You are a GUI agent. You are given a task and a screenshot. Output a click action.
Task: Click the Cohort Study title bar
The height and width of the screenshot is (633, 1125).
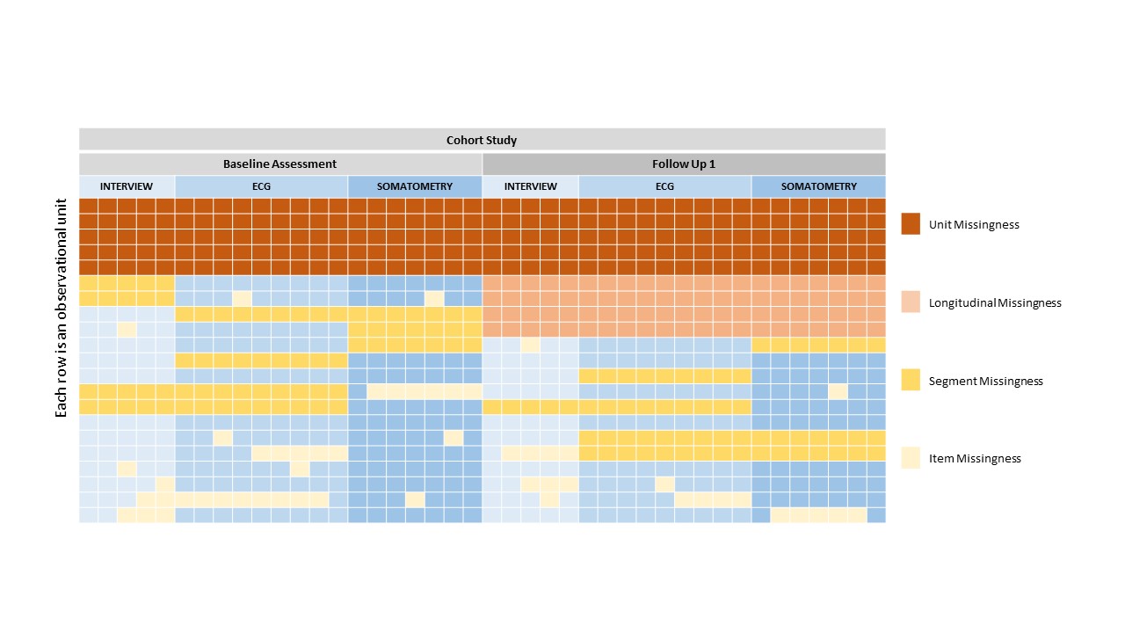tap(482, 140)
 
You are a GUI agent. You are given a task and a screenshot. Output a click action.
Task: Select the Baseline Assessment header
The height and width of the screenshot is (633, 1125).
tap(279, 164)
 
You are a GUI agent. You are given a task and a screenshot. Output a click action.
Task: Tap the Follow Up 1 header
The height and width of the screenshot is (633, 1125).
tap(683, 164)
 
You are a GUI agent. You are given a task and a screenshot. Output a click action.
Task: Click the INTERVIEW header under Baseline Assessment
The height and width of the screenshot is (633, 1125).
tap(126, 186)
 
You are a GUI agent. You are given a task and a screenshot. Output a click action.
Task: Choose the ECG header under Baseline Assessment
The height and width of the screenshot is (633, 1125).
tap(261, 186)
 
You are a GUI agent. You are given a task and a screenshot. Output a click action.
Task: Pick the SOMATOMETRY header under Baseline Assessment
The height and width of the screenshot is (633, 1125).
tap(415, 186)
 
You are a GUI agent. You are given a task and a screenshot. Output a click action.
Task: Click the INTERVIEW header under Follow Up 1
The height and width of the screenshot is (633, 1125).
tap(530, 186)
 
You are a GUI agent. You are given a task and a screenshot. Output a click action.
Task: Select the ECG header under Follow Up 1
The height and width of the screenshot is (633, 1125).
tap(664, 186)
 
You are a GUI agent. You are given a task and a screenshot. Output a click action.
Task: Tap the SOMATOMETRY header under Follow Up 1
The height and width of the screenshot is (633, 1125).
tap(818, 186)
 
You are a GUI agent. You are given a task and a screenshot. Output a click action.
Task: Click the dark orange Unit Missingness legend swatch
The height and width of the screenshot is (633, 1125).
tap(911, 224)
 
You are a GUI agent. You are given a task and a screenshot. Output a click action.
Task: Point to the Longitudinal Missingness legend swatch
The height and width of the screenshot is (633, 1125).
tap(911, 302)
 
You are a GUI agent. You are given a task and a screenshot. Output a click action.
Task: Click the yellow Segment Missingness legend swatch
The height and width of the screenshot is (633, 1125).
tap(911, 381)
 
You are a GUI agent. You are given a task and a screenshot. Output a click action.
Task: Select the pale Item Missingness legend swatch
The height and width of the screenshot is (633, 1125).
tap(911, 458)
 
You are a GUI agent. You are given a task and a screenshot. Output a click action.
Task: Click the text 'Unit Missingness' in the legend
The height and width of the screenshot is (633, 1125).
tap(974, 225)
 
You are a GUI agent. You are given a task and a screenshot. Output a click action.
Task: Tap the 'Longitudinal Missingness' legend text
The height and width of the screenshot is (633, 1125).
tap(995, 303)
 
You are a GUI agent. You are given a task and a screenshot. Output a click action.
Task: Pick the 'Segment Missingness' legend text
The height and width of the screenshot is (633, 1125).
tap(985, 382)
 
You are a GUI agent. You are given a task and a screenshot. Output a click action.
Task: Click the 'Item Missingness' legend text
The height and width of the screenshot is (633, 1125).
tap(975, 459)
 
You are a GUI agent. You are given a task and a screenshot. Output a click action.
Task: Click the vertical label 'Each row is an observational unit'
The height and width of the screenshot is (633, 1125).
tap(62, 319)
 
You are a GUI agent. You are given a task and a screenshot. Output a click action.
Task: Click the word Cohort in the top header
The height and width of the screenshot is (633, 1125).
tap(464, 140)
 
